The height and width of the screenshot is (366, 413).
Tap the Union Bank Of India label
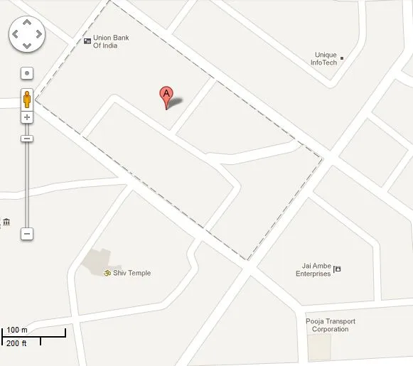pos(110,41)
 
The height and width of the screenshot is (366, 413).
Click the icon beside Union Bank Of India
pos(87,41)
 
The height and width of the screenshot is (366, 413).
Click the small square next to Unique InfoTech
pos(342,58)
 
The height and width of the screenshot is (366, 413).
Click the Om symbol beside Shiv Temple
pos(108,273)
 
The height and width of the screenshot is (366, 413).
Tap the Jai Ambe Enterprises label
pos(313,270)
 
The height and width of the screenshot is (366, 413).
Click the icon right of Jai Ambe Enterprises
pos(338,269)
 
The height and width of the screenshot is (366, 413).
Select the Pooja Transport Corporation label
pos(330,325)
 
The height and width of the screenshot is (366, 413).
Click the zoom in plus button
pos(27,117)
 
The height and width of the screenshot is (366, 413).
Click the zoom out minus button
pos(27,233)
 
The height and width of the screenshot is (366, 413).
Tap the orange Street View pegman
pos(27,99)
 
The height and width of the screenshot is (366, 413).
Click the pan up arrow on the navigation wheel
pos(26,22)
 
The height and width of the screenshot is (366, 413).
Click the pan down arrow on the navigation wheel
pos(26,46)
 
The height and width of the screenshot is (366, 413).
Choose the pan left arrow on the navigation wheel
pos(14,34)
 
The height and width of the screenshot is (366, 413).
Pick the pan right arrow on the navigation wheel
pos(38,34)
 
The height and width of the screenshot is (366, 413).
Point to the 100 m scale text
pos(16,330)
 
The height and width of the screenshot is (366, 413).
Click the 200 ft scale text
pos(16,343)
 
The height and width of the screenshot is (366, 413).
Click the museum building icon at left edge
pos(6,222)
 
